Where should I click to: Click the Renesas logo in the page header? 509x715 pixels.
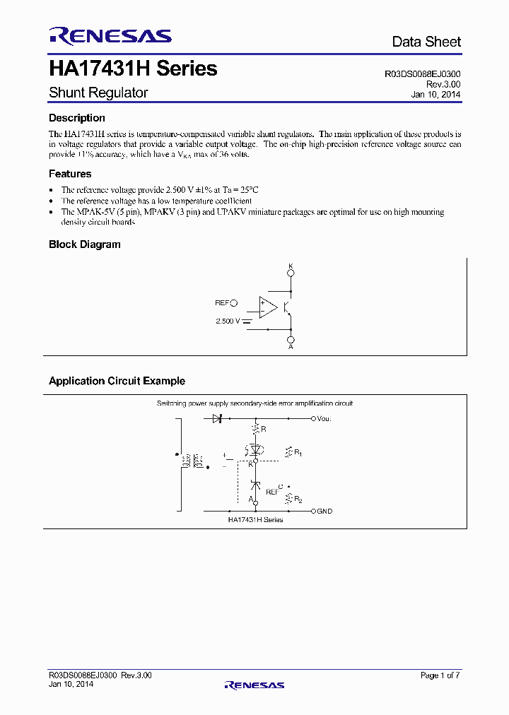(x=109, y=36)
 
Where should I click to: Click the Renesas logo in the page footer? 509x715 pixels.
(x=255, y=685)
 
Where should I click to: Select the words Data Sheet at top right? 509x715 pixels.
(x=426, y=42)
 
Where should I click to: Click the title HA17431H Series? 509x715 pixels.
(x=133, y=69)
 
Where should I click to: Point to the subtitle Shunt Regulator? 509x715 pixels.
(x=98, y=93)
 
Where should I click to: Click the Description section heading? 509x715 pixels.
(x=77, y=118)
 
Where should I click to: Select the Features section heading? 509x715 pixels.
(x=70, y=174)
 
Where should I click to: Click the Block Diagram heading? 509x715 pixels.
(x=85, y=244)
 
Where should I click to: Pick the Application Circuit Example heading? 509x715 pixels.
(x=117, y=381)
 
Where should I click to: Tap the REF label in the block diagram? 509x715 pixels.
(x=222, y=303)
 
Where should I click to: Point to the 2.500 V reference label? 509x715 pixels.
(x=228, y=321)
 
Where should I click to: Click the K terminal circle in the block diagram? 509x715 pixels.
(x=291, y=273)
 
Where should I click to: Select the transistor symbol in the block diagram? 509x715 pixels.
(x=287, y=307)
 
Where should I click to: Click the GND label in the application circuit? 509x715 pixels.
(x=324, y=511)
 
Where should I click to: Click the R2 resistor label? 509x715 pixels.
(x=298, y=500)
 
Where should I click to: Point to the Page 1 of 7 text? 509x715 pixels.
(x=440, y=675)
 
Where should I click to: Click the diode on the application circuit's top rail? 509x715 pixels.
(x=218, y=419)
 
